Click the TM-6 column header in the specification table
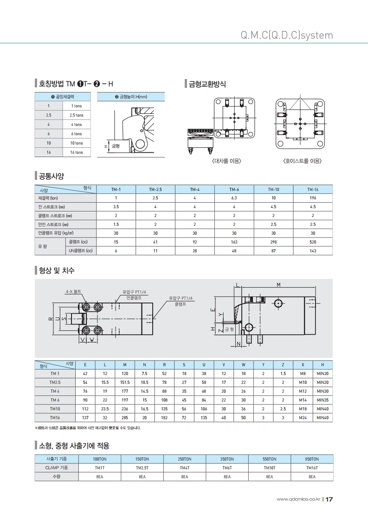234,190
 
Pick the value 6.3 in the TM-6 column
234,198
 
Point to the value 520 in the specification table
313,242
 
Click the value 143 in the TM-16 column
313,251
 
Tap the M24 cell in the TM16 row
303,418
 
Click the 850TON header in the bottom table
312,459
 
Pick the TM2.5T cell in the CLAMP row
142,468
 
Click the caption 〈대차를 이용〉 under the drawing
226,161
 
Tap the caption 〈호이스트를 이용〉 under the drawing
302,161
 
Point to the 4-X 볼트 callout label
73,291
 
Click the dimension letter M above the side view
278,284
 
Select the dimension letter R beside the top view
51,319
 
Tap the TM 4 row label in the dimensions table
55,391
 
